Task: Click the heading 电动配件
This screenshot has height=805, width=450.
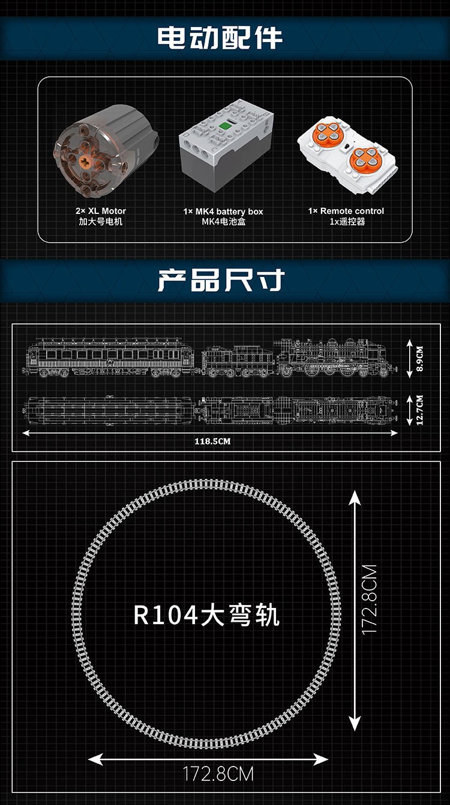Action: click(220, 37)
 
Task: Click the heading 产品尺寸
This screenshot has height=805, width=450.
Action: click(220, 281)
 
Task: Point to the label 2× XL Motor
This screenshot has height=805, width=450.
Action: click(101, 211)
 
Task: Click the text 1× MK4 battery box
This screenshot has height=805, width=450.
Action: click(223, 211)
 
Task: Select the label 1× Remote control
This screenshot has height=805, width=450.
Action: click(346, 211)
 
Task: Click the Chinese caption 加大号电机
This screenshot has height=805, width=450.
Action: click(101, 222)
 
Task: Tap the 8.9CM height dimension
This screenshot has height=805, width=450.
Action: click(419, 359)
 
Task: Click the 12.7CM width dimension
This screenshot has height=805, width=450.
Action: click(419, 409)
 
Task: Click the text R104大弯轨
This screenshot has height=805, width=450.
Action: click(206, 616)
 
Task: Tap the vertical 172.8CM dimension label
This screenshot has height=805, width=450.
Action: click(369, 599)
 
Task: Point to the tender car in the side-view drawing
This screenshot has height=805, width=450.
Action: click(237, 362)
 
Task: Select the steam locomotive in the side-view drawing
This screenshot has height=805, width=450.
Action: click(333, 359)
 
